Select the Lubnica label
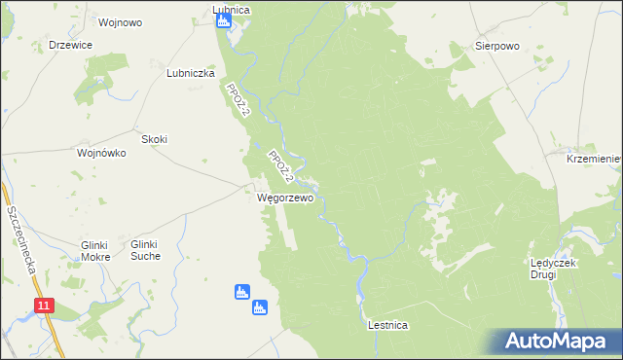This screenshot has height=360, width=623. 231,10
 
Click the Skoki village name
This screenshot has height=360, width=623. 155,139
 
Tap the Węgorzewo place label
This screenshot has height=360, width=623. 285,198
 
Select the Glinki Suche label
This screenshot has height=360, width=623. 158,250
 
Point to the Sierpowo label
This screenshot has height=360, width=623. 495,46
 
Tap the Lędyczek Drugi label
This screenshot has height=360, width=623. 556,269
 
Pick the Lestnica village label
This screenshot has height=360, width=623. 387,325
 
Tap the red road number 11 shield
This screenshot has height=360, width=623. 44,306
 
